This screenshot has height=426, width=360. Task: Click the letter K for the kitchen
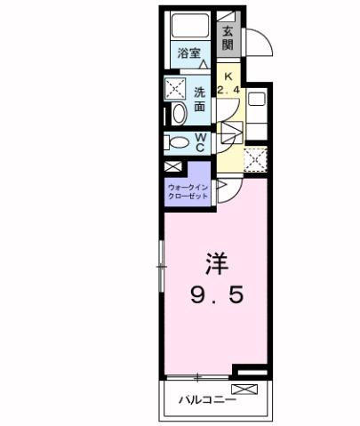pyautogui.click(x=228, y=77)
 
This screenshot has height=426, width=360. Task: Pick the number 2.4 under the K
pyautogui.click(x=228, y=90)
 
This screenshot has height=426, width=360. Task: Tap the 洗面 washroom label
pyautogui.click(x=201, y=99)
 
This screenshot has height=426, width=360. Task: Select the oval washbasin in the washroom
pyautogui.click(x=177, y=113)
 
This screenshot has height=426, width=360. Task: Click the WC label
pyautogui.click(x=201, y=142)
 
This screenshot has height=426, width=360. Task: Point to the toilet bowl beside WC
pyautogui.click(x=176, y=142)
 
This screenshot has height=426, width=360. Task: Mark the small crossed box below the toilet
pyautogui.click(x=172, y=166)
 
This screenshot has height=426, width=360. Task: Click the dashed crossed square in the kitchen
pyautogui.click(x=256, y=160)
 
